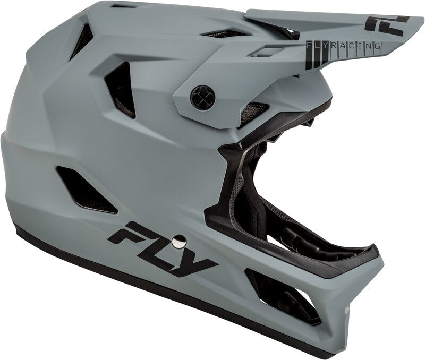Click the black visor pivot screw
tap(203, 97)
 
